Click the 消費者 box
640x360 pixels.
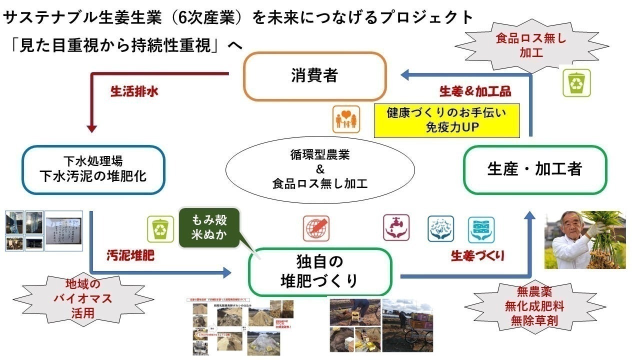(315, 76)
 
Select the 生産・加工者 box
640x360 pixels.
(534, 169)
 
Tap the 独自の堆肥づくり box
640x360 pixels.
(319, 271)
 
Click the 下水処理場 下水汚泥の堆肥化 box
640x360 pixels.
(93, 169)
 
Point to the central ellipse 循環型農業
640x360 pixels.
(320, 169)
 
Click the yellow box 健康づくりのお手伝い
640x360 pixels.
(446, 120)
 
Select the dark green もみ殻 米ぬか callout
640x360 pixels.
(209, 227)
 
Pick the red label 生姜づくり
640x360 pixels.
(477, 256)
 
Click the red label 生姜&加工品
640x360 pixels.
(475, 92)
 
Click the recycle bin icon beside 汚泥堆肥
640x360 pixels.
(160, 229)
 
